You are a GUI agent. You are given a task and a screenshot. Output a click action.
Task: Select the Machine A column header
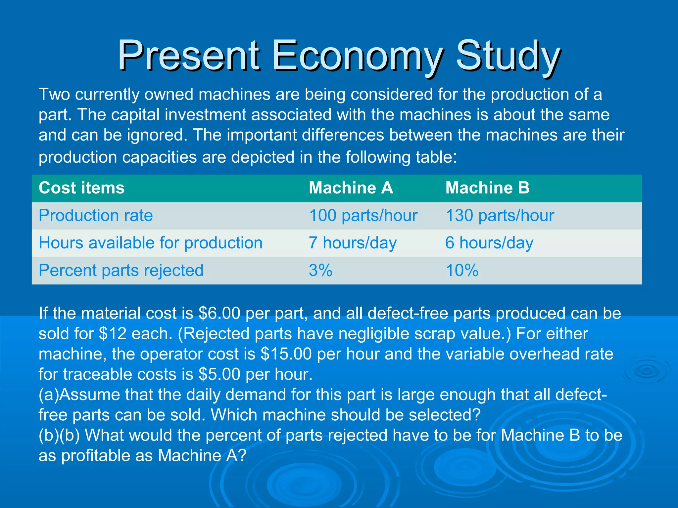(351, 188)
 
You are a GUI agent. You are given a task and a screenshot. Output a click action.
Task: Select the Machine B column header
(487, 188)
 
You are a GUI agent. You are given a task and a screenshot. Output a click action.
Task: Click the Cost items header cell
(81, 188)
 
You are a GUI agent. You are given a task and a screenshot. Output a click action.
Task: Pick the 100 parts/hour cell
(363, 215)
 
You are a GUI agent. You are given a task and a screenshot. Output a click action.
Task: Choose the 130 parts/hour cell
(500, 215)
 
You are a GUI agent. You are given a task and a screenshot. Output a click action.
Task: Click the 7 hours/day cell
(352, 243)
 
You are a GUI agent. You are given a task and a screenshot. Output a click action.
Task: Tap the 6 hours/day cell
(489, 243)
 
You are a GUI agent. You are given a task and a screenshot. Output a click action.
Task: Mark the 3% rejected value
(320, 270)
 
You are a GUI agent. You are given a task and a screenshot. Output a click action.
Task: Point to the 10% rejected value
(462, 270)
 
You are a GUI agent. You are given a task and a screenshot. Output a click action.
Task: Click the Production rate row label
(96, 215)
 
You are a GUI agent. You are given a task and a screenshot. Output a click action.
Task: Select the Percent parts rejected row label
(121, 270)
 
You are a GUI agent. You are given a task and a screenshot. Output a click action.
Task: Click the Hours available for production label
(150, 243)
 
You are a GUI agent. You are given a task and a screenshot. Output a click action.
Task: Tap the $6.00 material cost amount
(219, 313)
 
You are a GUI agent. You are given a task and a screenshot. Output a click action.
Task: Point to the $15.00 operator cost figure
(286, 354)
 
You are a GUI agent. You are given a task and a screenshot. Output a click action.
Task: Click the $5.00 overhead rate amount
(219, 374)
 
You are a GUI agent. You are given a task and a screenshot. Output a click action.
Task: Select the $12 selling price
(113, 333)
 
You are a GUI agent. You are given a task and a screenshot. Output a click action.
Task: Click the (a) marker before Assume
(49, 395)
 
